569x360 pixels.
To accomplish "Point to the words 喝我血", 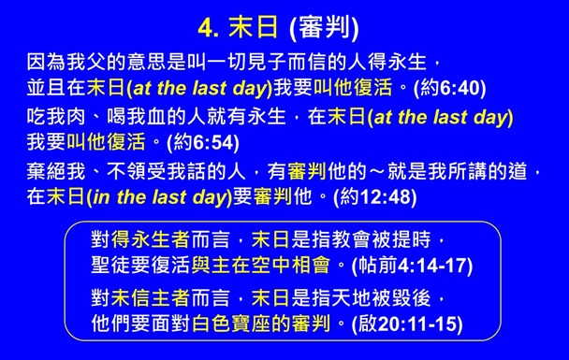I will [x=127, y=118].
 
